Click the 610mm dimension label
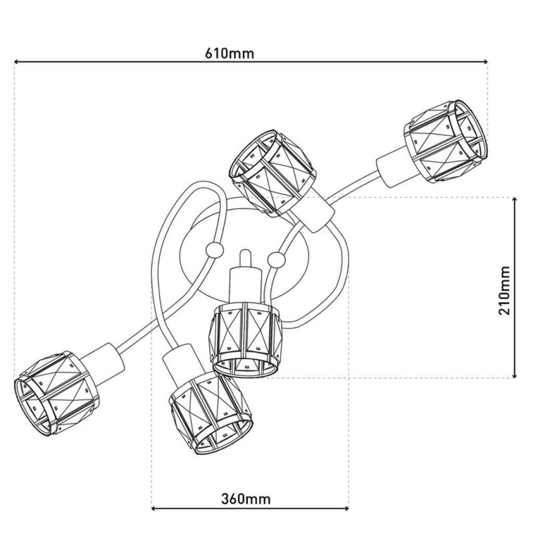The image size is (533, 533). tap(230, 53)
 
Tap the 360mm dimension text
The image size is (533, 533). tap(246, 499)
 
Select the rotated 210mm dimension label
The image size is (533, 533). tap(504, 290)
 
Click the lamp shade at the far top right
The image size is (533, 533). tap(447, 141)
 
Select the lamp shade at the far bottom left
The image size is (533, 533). tap(56, 392)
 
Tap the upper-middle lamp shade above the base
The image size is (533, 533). tap(272, 173)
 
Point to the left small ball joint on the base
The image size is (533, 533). tap(213, 250)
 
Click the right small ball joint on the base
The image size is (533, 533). tap(276, 259)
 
